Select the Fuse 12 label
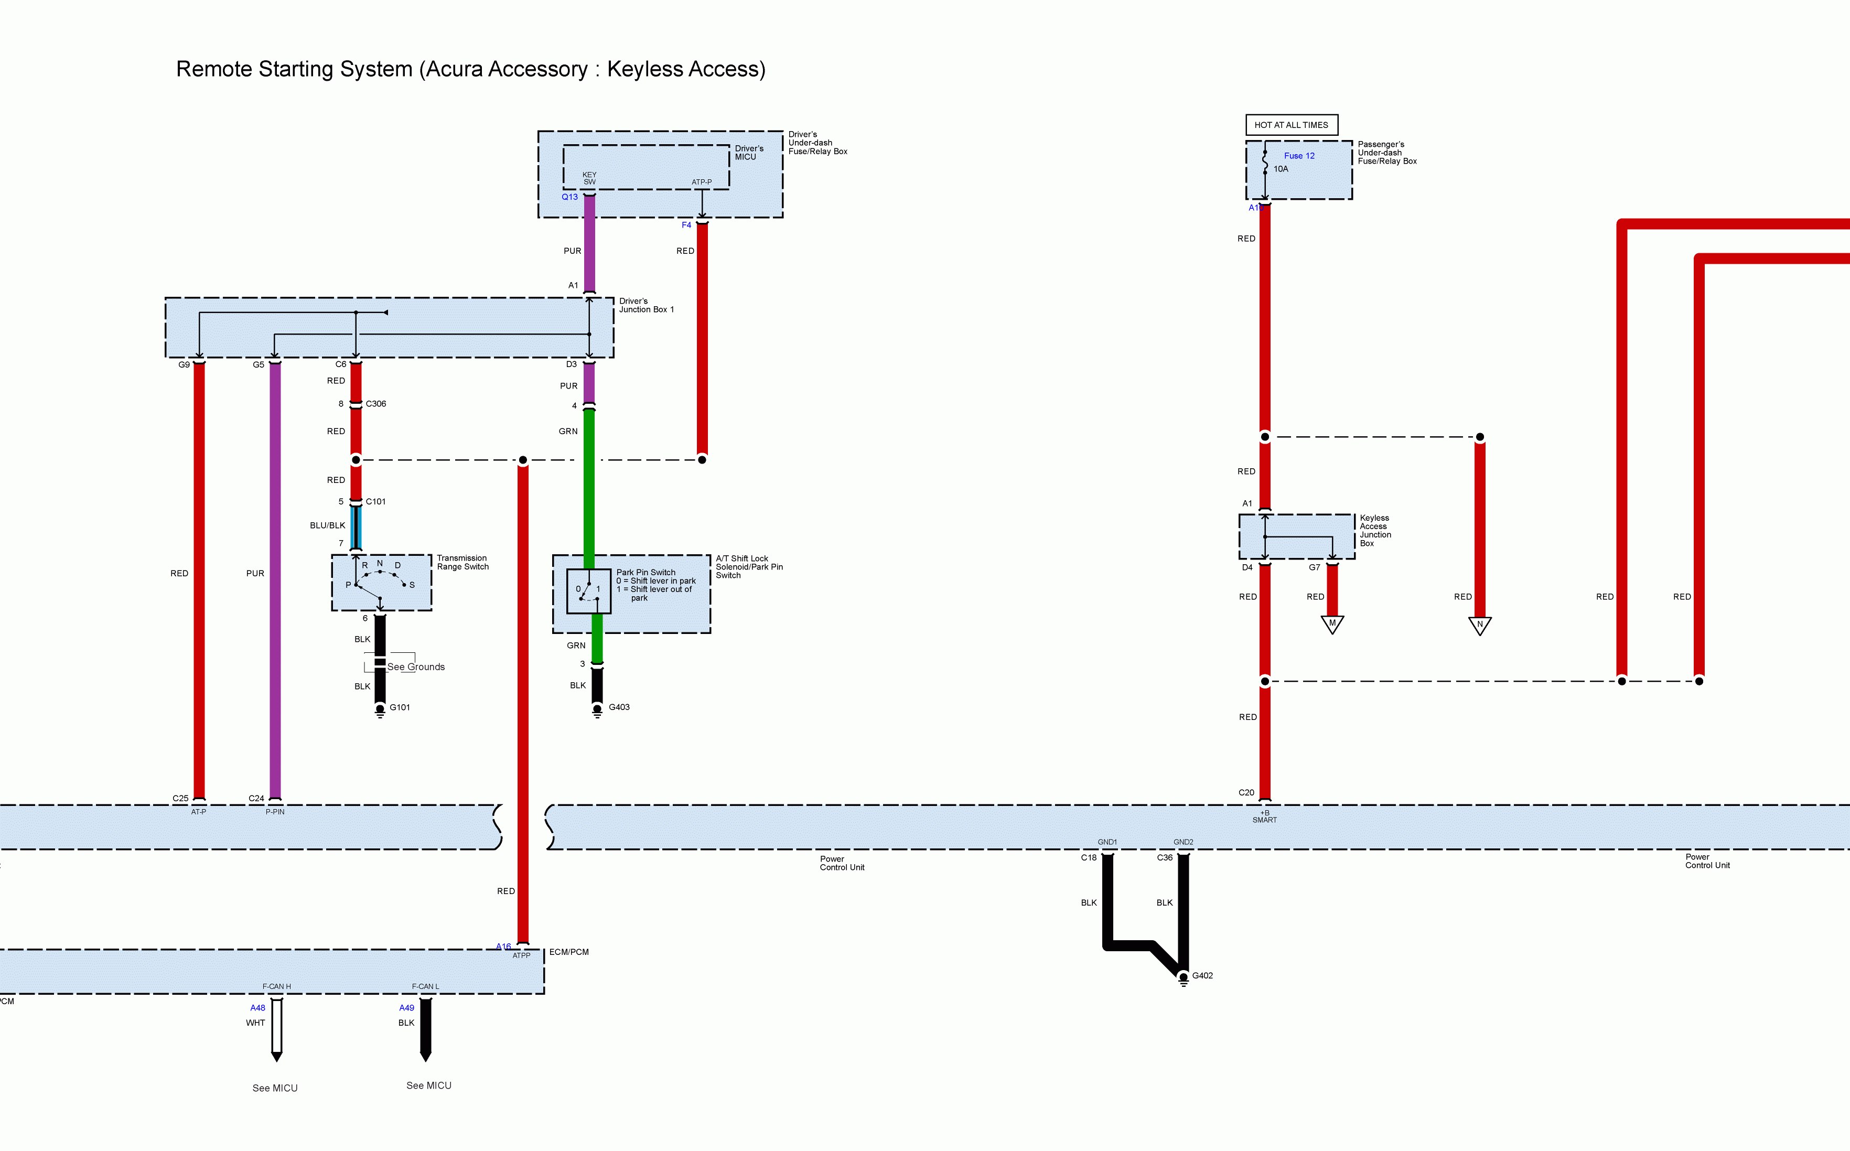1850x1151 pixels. (x=1299, y=156)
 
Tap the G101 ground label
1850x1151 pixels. (x=400, y=707)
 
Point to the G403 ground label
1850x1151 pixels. (x=619, y=707)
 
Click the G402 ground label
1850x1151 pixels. (x=1202, y=975)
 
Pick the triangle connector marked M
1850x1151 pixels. (x=1332, y=624)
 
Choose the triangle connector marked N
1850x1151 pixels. (x=1479, y=626)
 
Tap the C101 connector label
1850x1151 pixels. (x=376, y=502)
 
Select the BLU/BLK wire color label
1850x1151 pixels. (x=327, y=525)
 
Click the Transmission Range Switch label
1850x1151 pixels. (x=462, y=563)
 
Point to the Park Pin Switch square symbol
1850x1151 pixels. (x=588, y=591)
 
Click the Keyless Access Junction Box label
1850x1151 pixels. (x=1375, y=531)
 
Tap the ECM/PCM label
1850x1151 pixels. (x=568, y=952)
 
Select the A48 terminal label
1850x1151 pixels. (x=258, y=1008)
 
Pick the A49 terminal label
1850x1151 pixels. (x=406, y=1008)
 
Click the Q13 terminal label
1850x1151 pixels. (x=569, y=197)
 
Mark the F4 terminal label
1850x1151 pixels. (x=686, y=225)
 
